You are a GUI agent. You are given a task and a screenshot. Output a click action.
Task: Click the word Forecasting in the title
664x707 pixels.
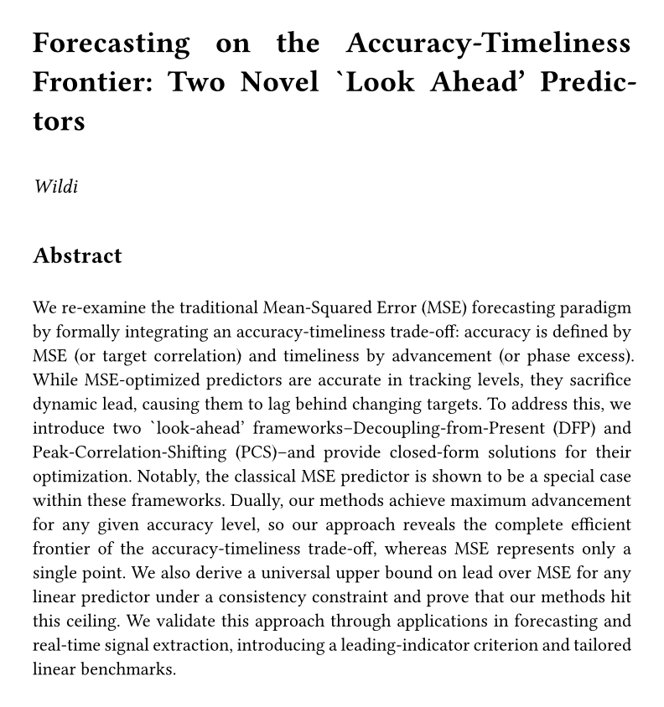click(x=112, y=44)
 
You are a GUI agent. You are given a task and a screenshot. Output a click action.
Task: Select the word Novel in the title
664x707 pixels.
click(x=281, y=82)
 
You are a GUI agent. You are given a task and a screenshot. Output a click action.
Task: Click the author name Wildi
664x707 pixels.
click(x=56, y=186)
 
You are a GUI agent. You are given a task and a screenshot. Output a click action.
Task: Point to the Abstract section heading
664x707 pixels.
click(x=77, y=255)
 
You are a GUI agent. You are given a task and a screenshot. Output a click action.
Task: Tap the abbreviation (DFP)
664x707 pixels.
click(x=552, y=429)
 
